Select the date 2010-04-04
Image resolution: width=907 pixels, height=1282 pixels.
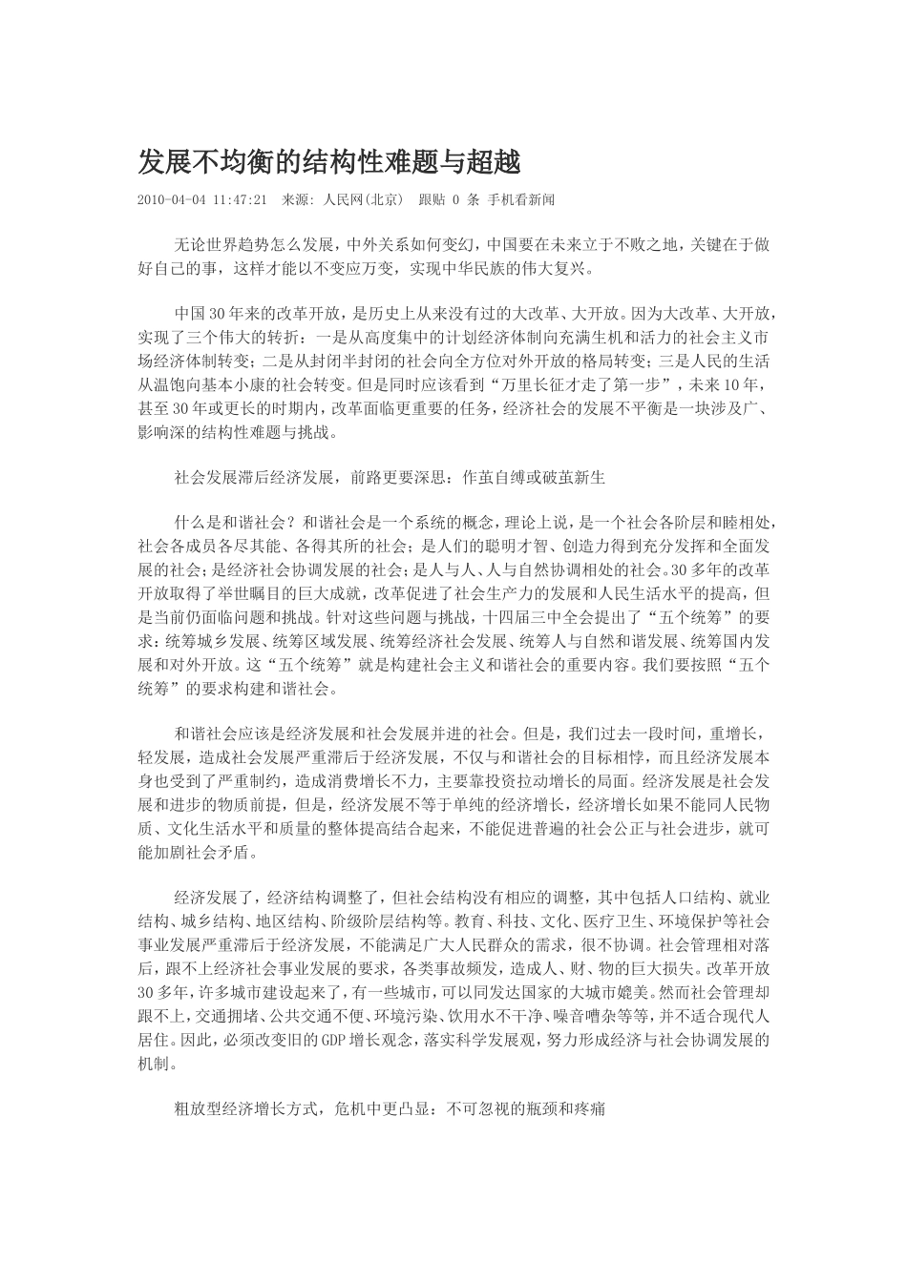173,201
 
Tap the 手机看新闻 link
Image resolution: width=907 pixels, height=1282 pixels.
521,201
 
